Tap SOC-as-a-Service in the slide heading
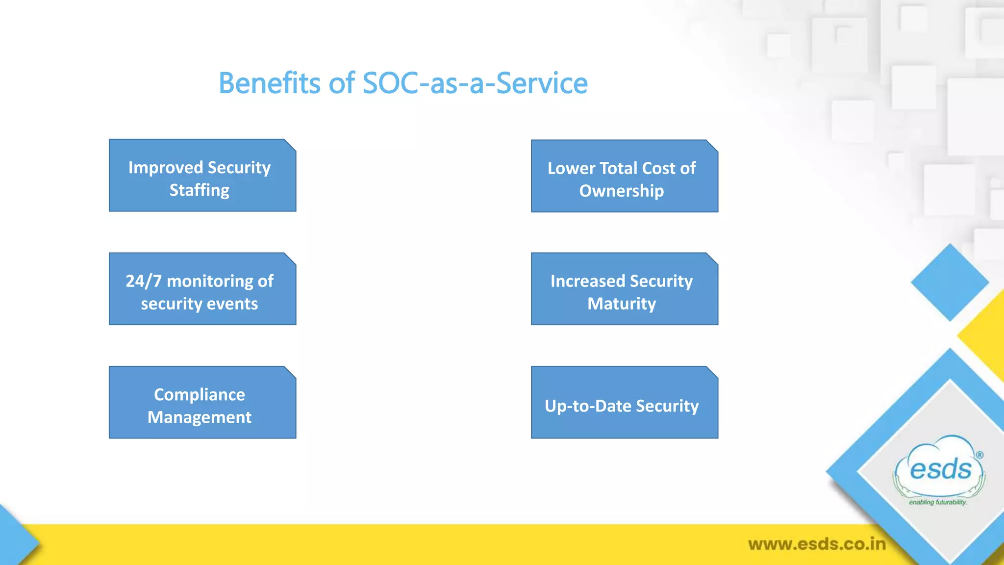coord(475,83)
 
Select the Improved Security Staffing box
coord(202,176)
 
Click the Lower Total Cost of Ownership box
coord(624,176)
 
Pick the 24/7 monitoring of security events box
coord(202,289)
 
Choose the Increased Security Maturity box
coord(624,289)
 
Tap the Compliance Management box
coord(202,402)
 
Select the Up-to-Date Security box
coord(624,402)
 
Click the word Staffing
coord(199,190)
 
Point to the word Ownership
coord(621,191)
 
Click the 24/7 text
coord(143,281)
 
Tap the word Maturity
coord(621,304)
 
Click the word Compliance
coord(199,394)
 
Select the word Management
coord(199,417)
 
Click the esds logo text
coord(940,469)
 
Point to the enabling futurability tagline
coord(937,502)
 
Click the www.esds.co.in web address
coord(817,544)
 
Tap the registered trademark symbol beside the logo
coord(979,455)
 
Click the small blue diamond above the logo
coord(950,282)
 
